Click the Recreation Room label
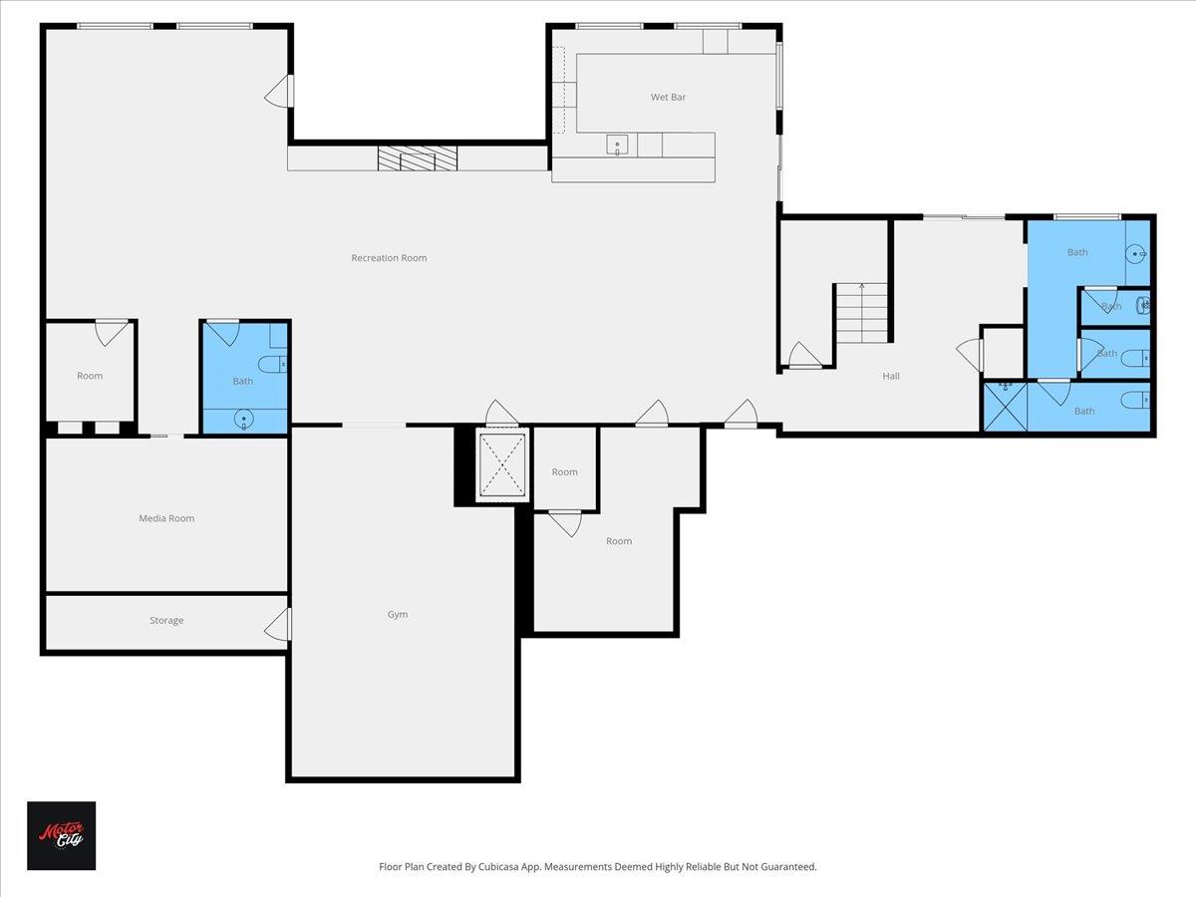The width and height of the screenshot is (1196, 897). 389,258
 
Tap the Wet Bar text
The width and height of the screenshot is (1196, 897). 668,97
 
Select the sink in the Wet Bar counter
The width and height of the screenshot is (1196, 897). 618,146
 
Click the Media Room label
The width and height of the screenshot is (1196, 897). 166,518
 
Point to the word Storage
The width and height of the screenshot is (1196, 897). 166,620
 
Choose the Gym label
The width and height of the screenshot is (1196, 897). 398,614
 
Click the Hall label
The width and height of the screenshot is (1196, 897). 891,376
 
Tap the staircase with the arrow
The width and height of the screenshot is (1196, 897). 861,311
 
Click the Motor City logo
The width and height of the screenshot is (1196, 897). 61,835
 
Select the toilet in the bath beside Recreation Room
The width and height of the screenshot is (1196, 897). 276,364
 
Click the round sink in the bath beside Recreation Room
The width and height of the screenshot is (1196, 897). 244,421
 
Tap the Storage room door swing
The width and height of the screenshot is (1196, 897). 279,625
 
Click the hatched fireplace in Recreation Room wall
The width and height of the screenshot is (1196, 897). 417,157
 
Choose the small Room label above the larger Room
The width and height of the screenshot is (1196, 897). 565,472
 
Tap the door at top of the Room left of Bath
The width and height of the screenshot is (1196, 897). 111,332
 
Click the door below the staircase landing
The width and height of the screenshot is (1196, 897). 805,355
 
